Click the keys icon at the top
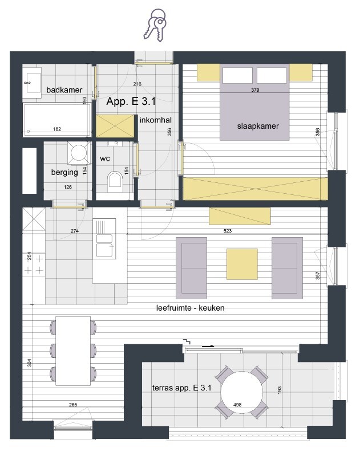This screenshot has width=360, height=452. pos(155,25)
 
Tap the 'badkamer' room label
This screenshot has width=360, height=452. pos(64,90)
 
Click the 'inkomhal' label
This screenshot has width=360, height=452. pos(156,120)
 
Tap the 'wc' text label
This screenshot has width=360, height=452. pos(105,158)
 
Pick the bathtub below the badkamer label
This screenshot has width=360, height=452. pos(57,120)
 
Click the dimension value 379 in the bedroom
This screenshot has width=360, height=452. pos(256,90)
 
